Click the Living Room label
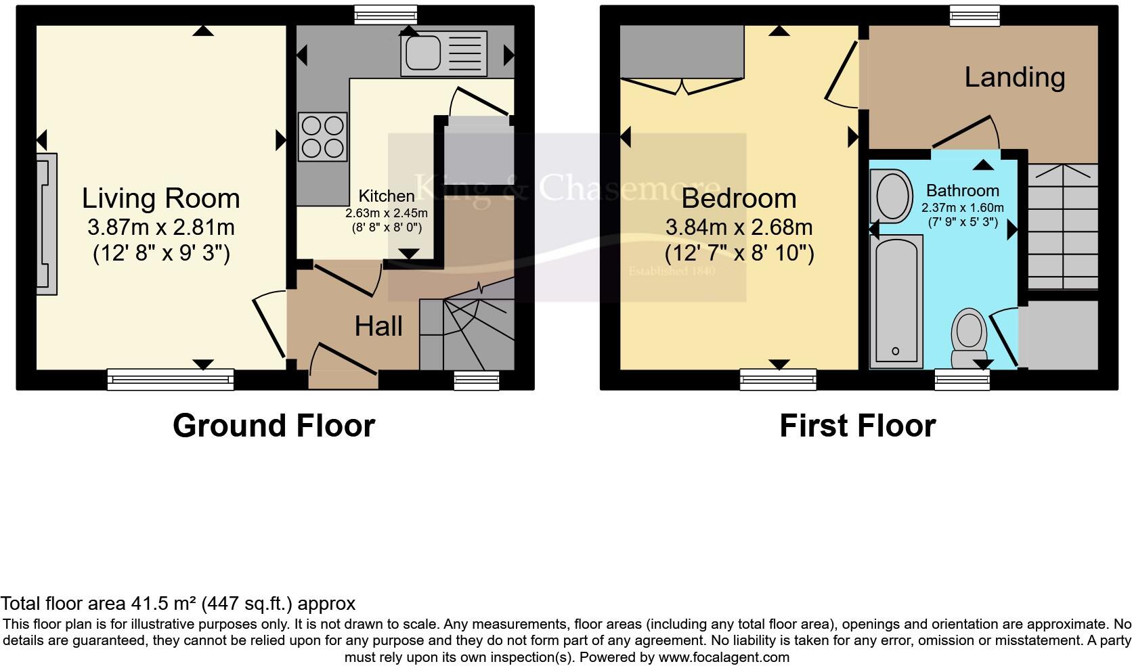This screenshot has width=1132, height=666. (161, 198)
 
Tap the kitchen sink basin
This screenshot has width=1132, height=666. (422, 53)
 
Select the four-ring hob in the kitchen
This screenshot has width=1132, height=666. (323, 137)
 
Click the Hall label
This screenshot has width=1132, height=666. (378, 327)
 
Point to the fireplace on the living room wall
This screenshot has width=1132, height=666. (46, 223)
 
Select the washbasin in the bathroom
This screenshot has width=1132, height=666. (894, 196)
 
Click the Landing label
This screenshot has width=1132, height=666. (1014, 77)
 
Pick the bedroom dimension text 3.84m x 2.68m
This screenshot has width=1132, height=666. (739, 227)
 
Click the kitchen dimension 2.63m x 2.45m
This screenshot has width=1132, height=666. (386, 213)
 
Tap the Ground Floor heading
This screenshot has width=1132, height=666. (274, 426)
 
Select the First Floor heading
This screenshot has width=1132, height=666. (857, 426)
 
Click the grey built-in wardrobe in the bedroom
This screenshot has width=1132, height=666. (682, 52)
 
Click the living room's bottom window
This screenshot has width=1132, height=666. (171, 379)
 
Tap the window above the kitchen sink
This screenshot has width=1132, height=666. (385, 15)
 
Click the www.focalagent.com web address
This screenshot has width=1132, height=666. (723, 657)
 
